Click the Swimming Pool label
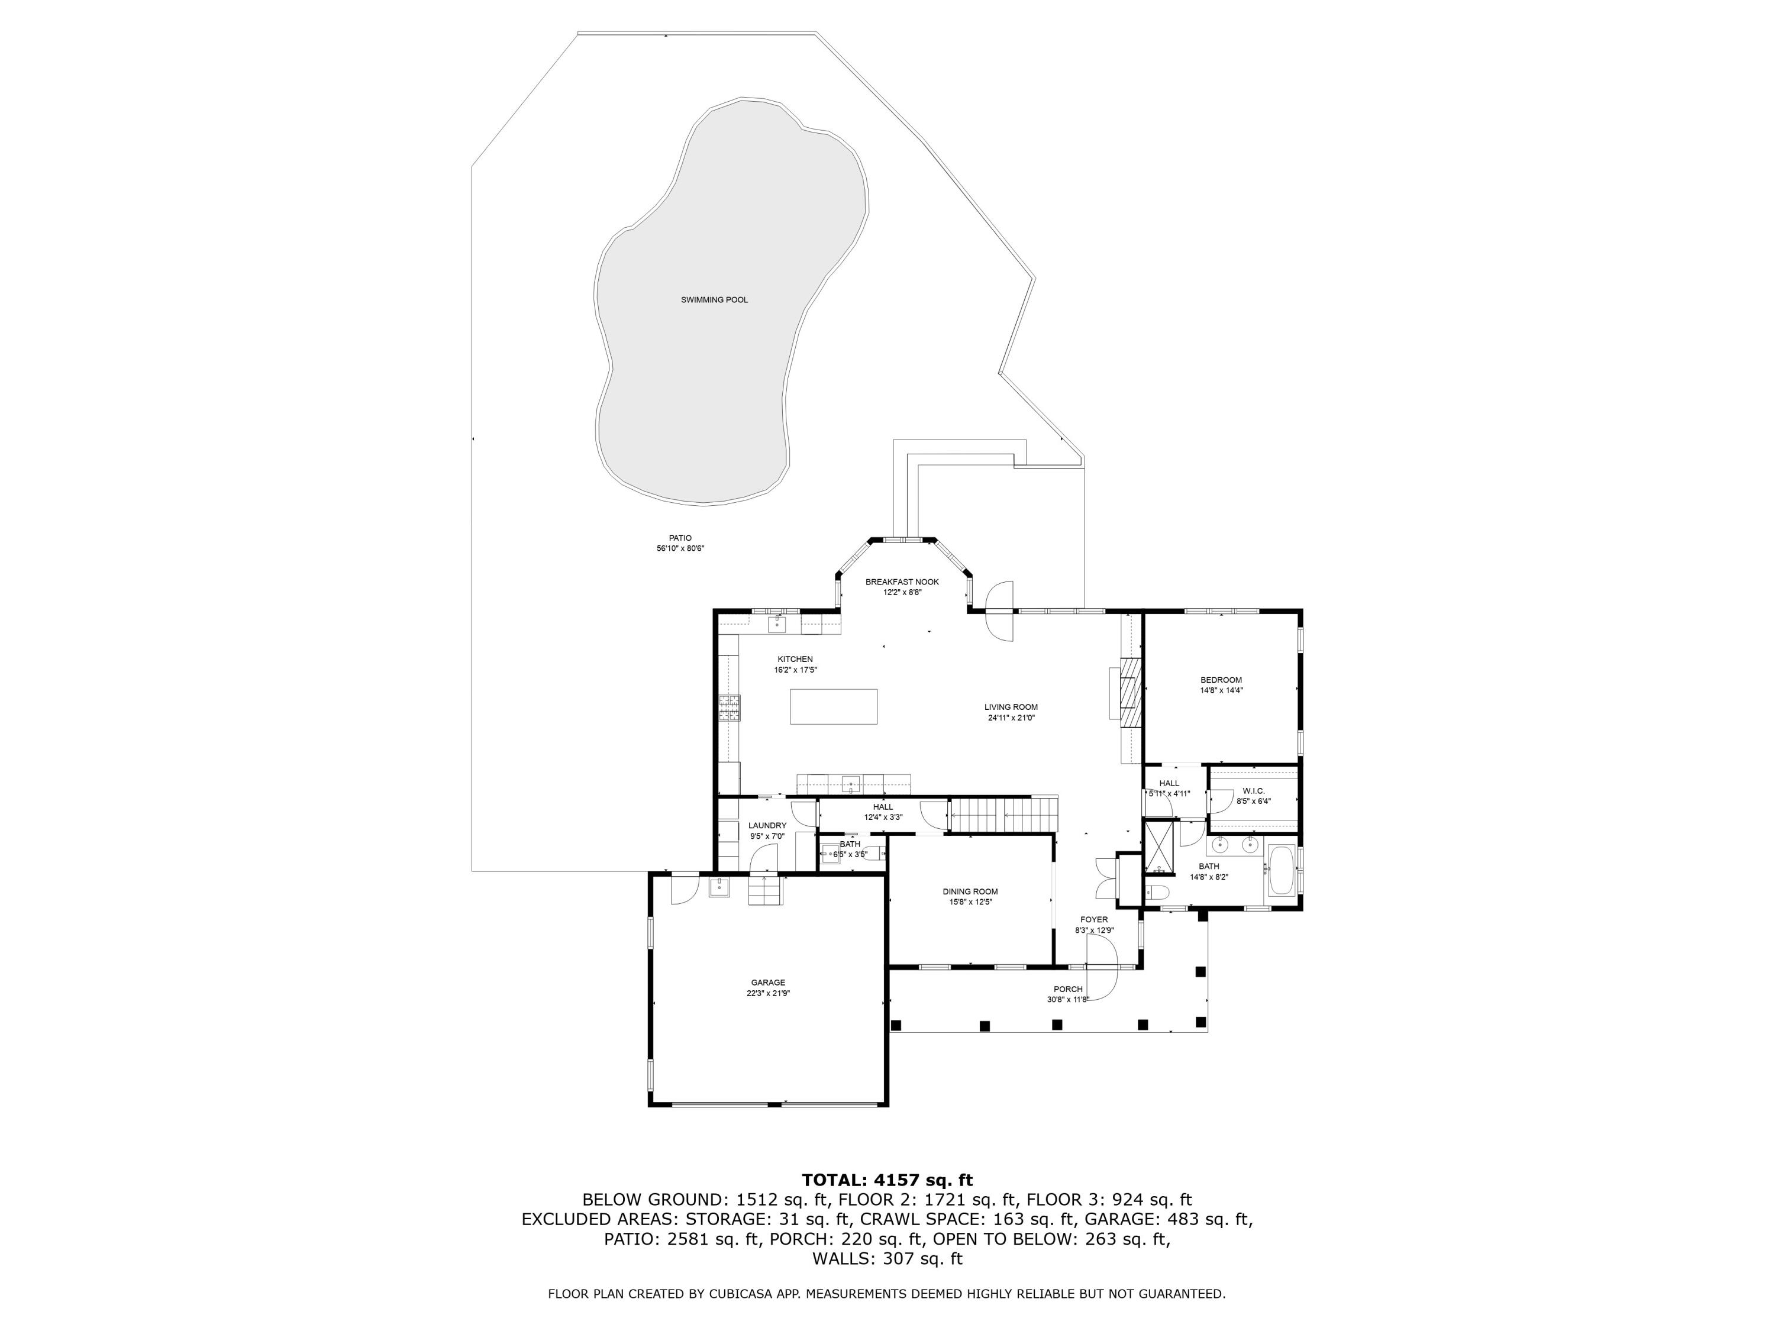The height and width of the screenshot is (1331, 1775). (714, 300)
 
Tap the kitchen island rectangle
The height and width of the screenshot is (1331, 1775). (833, 706)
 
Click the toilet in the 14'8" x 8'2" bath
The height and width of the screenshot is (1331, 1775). (1156, 891)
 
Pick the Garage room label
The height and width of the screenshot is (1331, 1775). (768, 983)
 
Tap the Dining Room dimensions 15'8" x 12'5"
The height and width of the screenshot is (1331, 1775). (970, 902)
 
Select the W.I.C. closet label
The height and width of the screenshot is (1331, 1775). (1253, 791)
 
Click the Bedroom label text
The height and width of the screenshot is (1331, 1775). (1221, 680)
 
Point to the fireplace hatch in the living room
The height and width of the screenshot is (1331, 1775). (1131, 692)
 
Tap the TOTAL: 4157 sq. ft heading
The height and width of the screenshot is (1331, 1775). (887, 1180)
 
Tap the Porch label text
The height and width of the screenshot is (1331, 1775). (1068, 989)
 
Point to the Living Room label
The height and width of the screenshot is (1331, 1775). (1011, 708)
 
